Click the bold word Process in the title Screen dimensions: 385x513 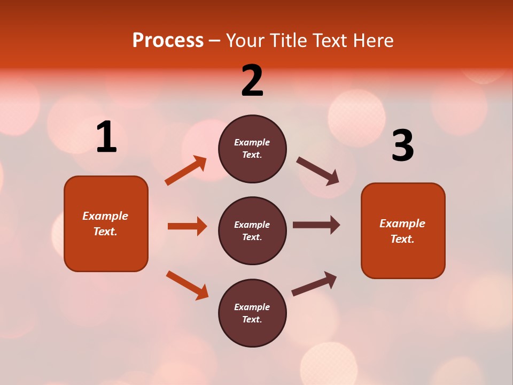(x=168, y=41)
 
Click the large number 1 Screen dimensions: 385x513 (x=106, y=137)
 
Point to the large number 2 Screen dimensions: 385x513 (x=252, y=81)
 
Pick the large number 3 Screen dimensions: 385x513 (x=402, y=146)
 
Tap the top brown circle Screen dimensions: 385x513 (x=252, y=149)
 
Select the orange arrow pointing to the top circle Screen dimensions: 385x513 (x=186, y=171)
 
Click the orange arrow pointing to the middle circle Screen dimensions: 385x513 (x=187, y=226)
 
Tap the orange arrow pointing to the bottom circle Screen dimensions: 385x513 (x=188, y=285)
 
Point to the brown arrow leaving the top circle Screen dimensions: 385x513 (x=318, y=171)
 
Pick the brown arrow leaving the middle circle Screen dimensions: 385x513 (x=316, y=225)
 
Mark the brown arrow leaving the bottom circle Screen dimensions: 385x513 (x=314, y=283)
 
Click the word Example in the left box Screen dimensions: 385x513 (x=105, y=216)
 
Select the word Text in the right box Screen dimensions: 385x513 (x=401, y=239)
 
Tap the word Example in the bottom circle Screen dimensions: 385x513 (x=252, y=307)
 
